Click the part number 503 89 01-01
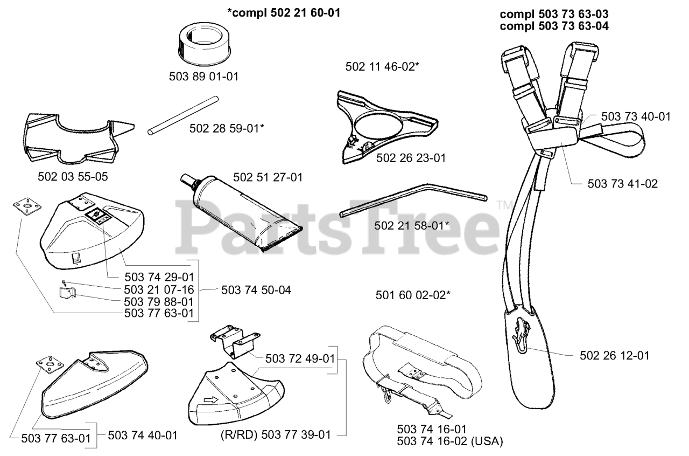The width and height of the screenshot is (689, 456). (203, 77)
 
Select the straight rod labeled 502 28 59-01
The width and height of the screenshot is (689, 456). (183, 115)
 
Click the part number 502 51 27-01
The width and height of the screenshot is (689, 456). (268, 177)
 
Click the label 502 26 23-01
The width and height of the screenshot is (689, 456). (411, 158)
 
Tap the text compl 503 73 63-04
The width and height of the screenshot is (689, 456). (554, 25)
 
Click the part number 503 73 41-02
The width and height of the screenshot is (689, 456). (622, 184)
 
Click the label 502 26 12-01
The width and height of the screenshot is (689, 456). (615, 356)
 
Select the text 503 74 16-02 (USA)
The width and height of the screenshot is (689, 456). (449, 441)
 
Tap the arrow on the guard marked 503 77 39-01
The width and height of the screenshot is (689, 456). (210, 400)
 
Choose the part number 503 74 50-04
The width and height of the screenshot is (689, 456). (256, 290)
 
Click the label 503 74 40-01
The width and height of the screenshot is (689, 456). (143, 434)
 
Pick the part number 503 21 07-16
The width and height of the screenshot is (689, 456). (159, 289)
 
